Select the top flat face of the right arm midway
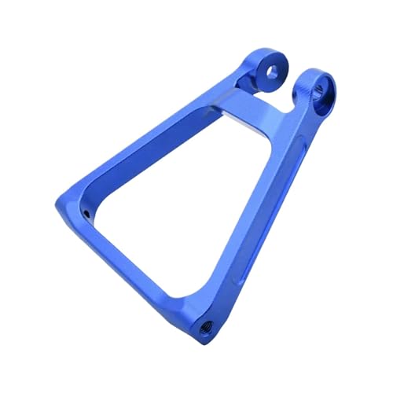(267, 196)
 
